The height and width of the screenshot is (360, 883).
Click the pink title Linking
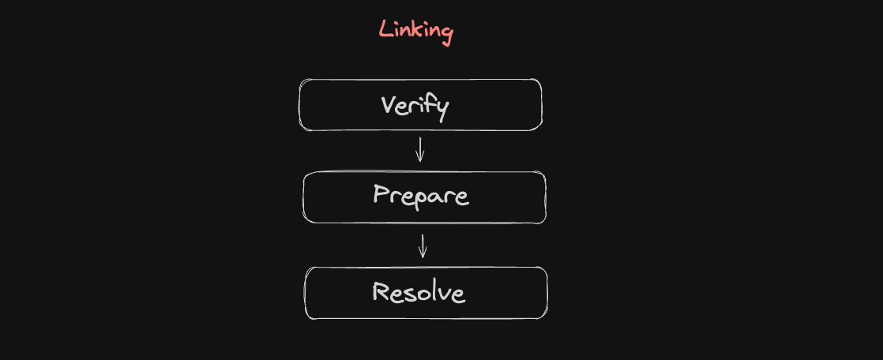[x=415, y=32]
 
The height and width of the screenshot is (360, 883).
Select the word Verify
[x=415, y=107]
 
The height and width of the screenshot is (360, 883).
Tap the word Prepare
[x=421, y=197]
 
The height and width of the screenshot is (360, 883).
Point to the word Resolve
[x=419, y=292]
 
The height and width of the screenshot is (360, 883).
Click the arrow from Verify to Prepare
[x=419, y=148]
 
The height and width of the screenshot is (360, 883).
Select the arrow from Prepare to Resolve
[x=423, y=246]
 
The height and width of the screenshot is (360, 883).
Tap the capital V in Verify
[x=388, y=105]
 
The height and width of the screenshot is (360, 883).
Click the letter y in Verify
[x=441, y=111]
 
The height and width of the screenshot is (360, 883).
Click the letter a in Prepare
[x=434, y=198]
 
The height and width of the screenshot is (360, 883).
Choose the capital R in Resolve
[x=381, y=291]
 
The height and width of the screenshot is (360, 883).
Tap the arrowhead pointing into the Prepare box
[x=419, y=158]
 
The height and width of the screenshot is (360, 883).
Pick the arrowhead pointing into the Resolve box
[x=423, y=255]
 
